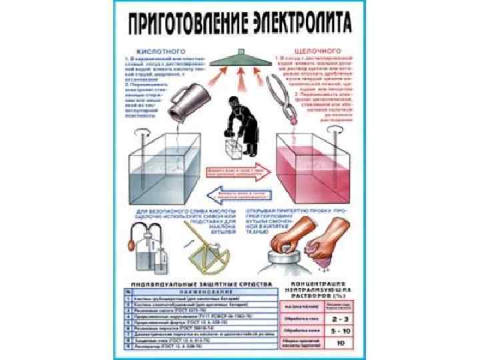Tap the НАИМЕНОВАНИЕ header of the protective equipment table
point(200,291)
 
